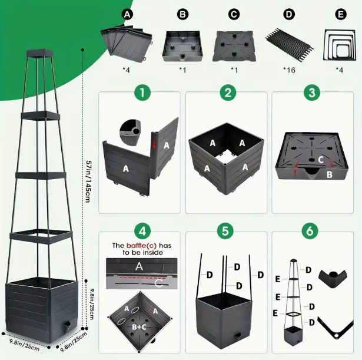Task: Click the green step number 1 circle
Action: (x=142, y=93)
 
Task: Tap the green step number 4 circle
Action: (x=142, y=231)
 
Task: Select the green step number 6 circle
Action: (x=310, y=231)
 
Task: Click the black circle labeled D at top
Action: (x=289, y=15)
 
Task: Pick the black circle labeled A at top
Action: (x=127, y=15)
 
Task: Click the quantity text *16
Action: (x=289, y=70)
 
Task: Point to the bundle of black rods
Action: (x=289, y=45)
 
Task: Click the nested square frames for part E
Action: (x=339, y=45)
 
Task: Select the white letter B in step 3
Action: (x=330, y=174)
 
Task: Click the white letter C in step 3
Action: (x=321, y=160)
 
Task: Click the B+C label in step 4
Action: (x=139, y=327)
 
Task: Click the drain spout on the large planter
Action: (x=67, y=326)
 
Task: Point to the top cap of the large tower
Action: (x=40, y=53)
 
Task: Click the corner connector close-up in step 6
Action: (x=334, y=279)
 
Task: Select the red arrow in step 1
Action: (x=154, y=143)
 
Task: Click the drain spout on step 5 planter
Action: (x=237, y=335)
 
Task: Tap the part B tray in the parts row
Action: (x=182, y=46)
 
